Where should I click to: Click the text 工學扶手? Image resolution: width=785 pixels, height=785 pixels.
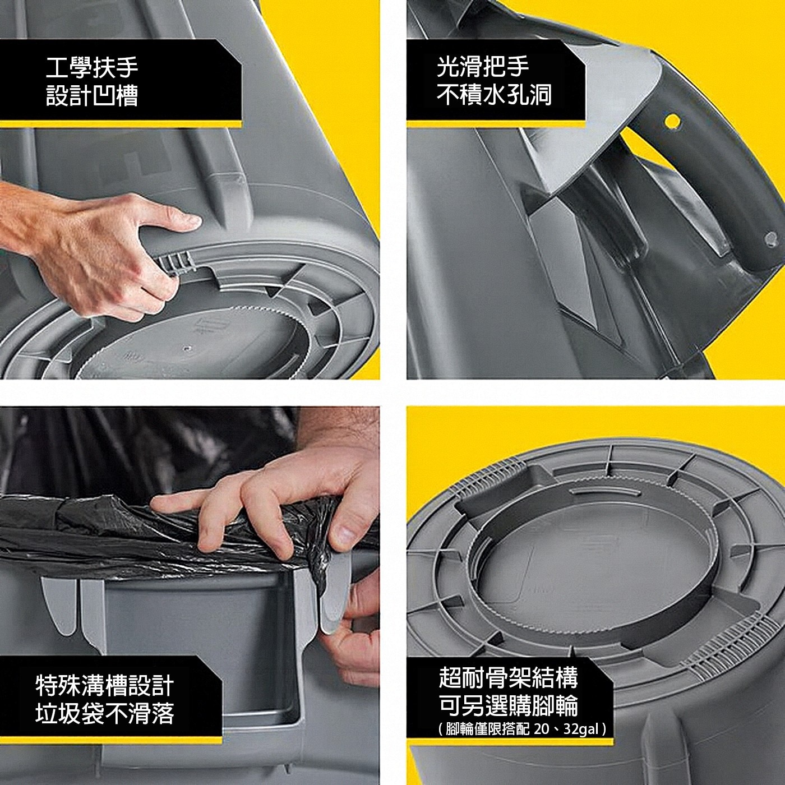92,68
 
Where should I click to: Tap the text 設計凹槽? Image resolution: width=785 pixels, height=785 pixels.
92,96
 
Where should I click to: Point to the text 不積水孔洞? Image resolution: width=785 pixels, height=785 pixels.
494,95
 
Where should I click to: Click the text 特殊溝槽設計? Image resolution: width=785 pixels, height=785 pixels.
105,686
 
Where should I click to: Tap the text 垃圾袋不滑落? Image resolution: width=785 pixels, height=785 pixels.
105,714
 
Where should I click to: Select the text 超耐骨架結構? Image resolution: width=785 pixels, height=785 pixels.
509,677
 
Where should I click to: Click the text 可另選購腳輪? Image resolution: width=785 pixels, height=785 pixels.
509,705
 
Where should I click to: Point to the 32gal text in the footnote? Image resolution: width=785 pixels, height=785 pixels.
581,729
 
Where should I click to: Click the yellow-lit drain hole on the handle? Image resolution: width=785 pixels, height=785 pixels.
672,121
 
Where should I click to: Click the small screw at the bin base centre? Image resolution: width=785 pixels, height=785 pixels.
187,348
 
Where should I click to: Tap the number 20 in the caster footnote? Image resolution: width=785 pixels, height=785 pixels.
541,729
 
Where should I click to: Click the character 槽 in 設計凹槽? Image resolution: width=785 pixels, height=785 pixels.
127,96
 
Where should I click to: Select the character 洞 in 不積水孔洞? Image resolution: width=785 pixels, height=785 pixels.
541,95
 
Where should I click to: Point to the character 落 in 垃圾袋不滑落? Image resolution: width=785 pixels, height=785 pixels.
163,714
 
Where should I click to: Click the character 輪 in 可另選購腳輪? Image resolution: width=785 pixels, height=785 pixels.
567,705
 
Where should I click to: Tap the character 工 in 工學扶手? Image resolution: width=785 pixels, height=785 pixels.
57,68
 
